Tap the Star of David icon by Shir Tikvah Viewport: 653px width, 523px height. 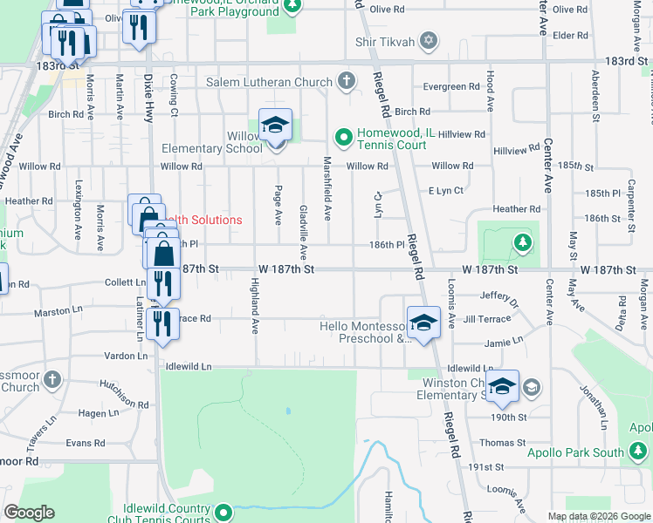428,41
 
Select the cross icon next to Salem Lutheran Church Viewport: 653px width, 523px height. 347,83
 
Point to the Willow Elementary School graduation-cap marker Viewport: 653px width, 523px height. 275,127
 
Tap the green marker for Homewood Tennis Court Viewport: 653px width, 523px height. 343,137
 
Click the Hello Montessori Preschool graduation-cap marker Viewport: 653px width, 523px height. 423,323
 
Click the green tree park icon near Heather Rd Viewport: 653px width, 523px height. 522,241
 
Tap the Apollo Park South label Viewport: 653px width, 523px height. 575,452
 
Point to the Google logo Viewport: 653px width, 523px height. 29,513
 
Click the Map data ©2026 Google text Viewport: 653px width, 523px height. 599,516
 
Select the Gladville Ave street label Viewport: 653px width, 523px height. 303,233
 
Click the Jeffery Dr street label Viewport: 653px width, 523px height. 498,300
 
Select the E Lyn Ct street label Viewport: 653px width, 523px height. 445,190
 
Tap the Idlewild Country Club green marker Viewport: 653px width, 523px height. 223,513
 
